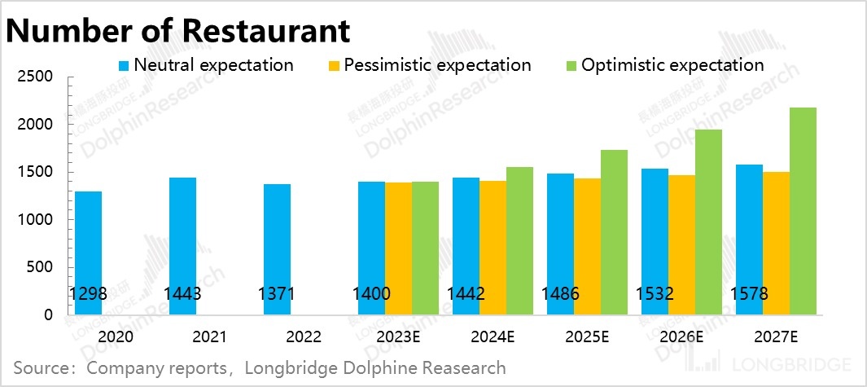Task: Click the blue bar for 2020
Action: point(88,253)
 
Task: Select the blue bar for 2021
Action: point(182,245)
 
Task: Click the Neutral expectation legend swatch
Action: point(124,65)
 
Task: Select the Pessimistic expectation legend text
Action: point(437,65)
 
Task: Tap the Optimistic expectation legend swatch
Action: point(570,65)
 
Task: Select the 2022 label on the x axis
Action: point(304,336)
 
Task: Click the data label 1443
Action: point(182,294)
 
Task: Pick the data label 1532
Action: point(655,294)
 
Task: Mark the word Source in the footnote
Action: point(40,367)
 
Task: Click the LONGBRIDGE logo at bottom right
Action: point(795,364)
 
